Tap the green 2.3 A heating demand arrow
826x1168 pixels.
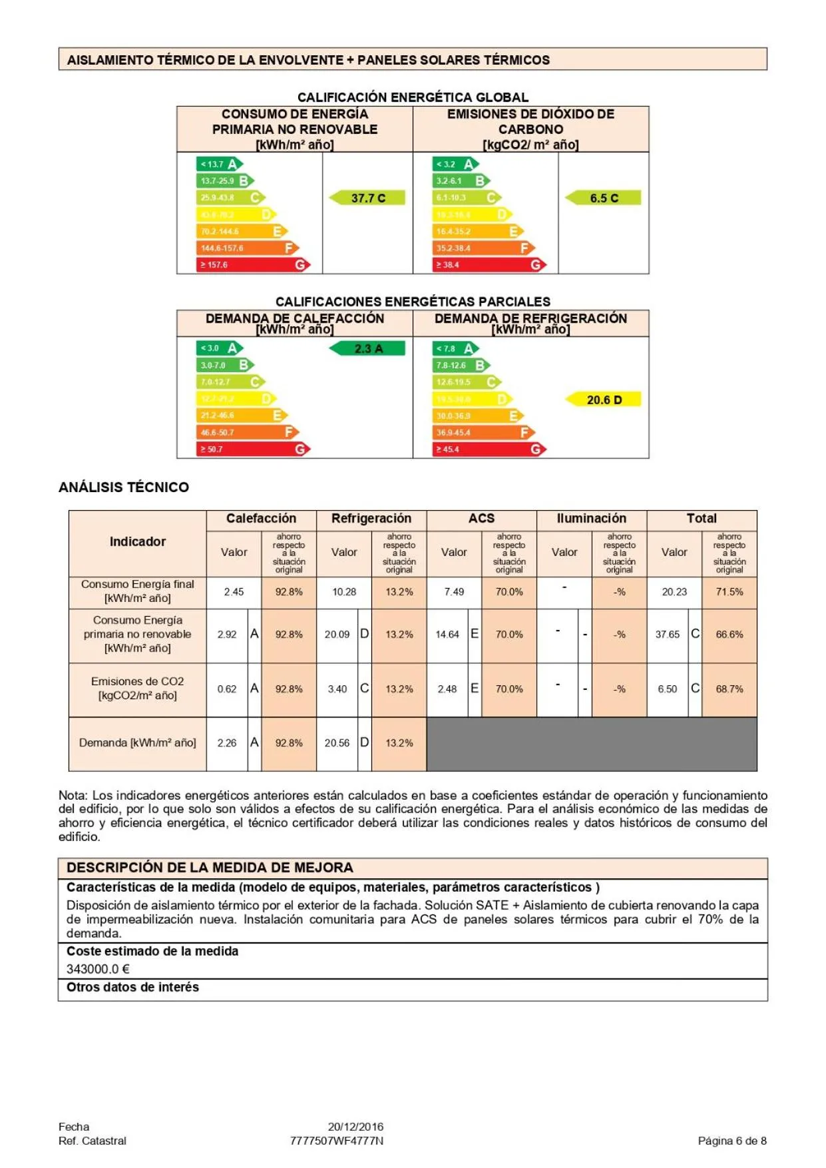[368, 348]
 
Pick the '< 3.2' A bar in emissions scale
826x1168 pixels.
[455, 164]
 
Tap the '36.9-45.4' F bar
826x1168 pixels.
[483, 432]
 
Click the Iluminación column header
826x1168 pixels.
[591, 519]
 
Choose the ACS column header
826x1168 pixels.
[481, 519]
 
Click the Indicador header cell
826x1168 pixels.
[138, 542]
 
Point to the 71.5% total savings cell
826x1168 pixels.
[729, 592]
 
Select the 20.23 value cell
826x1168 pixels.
[674, 592]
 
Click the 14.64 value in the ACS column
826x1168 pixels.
[447, 635]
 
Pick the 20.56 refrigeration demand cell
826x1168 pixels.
[337, 743]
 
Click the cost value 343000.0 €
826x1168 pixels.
[98, 970]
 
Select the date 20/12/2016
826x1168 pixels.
[355, 1127]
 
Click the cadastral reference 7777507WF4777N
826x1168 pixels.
[337, 1141]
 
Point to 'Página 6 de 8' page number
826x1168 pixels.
[732, 1141]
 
